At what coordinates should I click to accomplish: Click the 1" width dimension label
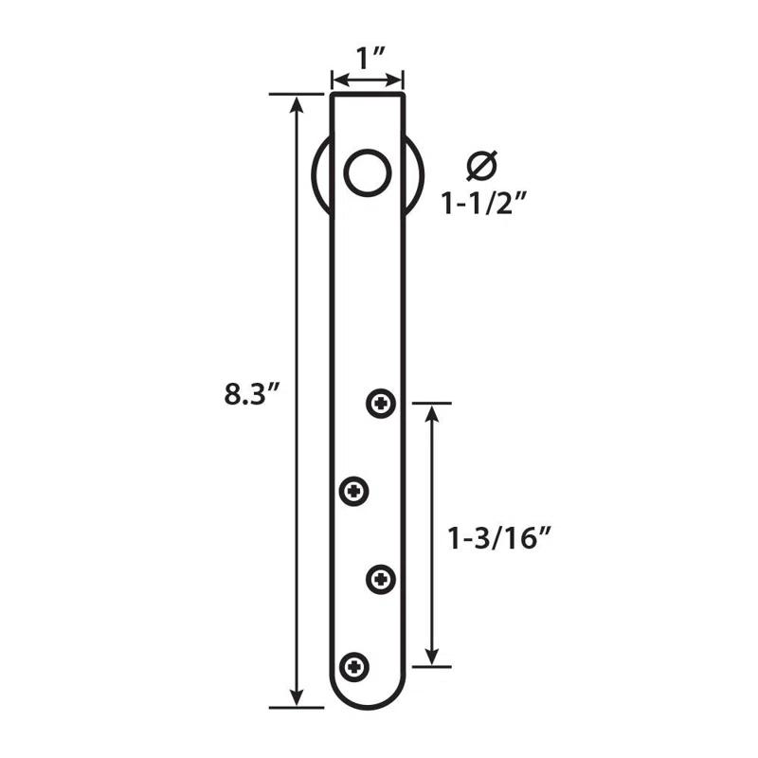367,58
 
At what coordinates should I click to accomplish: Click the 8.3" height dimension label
249,394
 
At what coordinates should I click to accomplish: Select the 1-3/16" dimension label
499,539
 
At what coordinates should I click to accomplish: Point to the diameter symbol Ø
481,166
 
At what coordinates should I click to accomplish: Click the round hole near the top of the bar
367,172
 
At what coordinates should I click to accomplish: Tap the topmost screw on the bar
381,404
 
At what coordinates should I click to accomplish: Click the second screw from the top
354,491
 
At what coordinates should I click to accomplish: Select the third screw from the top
381,577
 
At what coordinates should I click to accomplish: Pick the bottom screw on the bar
354,665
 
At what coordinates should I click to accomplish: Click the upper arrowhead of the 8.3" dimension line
298,104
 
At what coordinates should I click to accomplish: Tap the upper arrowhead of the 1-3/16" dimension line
432,412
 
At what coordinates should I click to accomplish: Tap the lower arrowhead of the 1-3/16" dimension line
432,657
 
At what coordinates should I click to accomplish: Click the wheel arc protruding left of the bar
319,175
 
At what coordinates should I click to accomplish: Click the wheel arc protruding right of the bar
417,175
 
